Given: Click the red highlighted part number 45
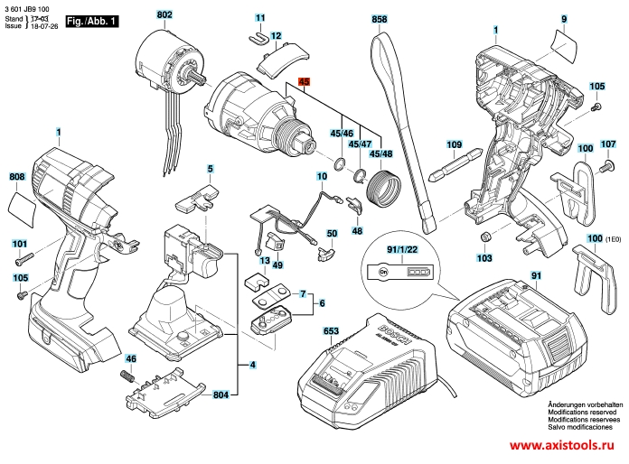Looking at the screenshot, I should [x=305, y=81].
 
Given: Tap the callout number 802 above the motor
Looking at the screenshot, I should [x=164, y=16].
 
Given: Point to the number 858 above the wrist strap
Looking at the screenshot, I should [x=380, y=19].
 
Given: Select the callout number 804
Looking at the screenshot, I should [x=221, y=395].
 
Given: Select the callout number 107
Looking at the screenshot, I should [x=607, y=143].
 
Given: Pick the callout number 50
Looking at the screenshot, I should [x=332, y=234].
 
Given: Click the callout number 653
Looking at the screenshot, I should [x=331, y=333].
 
